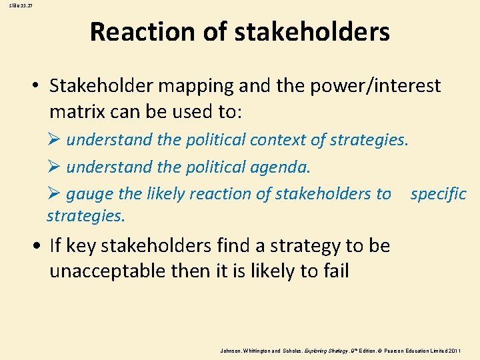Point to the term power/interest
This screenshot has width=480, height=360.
tap(377, 86)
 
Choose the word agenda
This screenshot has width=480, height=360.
tap(281, 167)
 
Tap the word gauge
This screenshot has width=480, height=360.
tap(89, 194)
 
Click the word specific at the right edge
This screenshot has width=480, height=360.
tap(438, 194)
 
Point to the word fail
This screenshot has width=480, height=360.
tap(335, 271)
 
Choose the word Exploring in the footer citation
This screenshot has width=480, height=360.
tap(313, 349)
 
